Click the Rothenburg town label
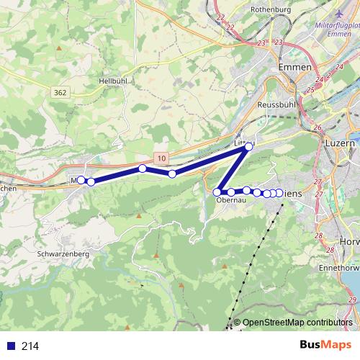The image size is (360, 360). click(270, 9)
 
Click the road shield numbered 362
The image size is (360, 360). click(60, 92)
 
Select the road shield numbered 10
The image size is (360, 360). click(162, 158)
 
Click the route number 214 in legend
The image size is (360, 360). click(30, 346)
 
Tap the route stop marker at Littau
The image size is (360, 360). click(249, 146)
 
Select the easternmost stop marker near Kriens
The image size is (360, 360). click(279, 192)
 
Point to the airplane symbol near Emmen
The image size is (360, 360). click(341, 14)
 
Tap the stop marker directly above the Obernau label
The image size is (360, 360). click(230, 192)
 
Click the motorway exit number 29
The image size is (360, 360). click(351, 300)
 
